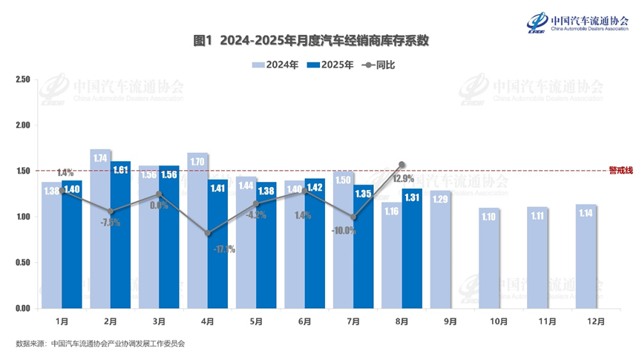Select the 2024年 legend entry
pyautogui.click(x=275, y=65)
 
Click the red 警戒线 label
pyautogui.click(x=620, y=170)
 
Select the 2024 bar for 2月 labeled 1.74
pyautogui.click(x=101, y=230)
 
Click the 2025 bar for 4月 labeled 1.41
pyautogui.click(x=218, y=245)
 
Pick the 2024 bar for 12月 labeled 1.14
pyautogui.click(x=587, y=257)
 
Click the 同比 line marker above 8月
pyautogui.click(x=402, y=165)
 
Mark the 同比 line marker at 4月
pyautogui.click(x=208, y=233)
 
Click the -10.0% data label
pyautogui.click(x=344, y=231)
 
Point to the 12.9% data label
pyautogui.click(x=403, y=179)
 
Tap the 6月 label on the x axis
pyautogui.click(x=304, y=321)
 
